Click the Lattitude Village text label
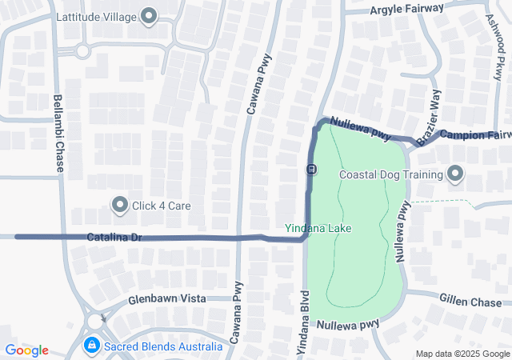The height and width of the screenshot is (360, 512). tap(96, 16)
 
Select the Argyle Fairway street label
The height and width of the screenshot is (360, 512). tap(406, 9)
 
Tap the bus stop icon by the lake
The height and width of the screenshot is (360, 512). tap(310, 169)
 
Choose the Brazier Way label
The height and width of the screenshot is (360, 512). tap(429, 118)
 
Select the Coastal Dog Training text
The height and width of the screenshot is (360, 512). tap(391, 174)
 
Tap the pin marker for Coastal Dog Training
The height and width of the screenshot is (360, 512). tap(455, 173)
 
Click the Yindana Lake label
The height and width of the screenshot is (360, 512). tap(318, 228)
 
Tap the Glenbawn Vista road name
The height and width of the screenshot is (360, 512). tap(166, 299)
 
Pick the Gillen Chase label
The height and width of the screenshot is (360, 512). tap(470, 301)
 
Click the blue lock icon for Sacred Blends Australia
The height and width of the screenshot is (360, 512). tap(92, 346)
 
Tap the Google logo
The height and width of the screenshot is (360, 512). tap(26, 350)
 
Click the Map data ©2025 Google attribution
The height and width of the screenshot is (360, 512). tap(462, 354)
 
